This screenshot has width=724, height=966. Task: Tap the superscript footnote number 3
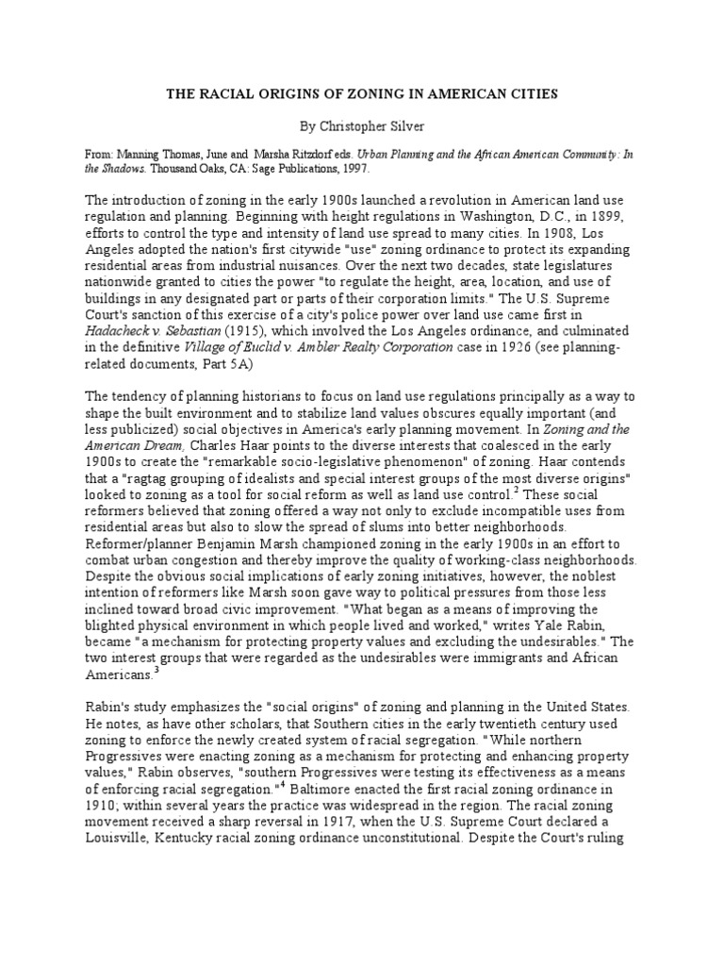157,671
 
